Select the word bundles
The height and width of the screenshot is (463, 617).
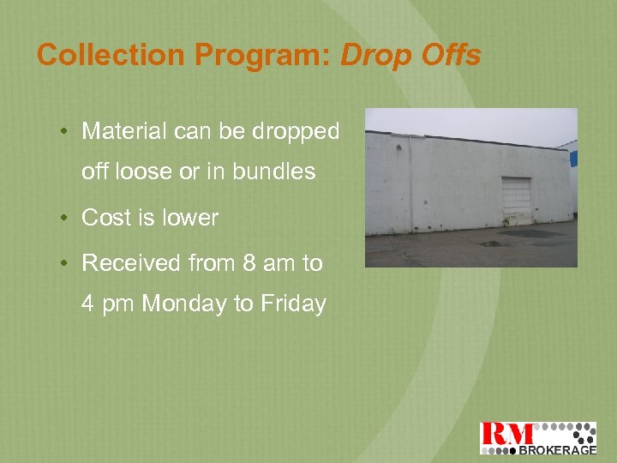tap(273, 171)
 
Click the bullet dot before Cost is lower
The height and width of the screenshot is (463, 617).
tap(65, 219)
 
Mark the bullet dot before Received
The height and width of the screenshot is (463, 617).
tap(65, 263)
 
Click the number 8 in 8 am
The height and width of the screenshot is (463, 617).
tap(249, 262)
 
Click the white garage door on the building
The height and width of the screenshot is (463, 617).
tap(516, 195)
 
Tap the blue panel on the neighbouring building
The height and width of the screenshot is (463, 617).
tap(573, 159)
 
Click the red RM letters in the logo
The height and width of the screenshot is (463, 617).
tap(507, 435)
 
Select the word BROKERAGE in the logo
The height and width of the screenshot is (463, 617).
tap(557, 448)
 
